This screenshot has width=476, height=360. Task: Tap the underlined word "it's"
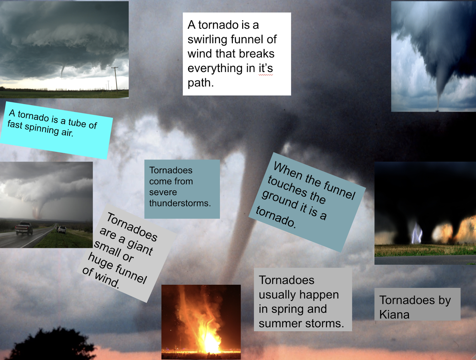coord(266,68)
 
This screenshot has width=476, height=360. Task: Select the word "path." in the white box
coord(201,83)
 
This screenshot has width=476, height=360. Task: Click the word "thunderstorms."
coord(180,203)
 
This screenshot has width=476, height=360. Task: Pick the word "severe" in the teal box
coord(163,192)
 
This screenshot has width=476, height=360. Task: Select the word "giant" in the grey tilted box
coord(140,247)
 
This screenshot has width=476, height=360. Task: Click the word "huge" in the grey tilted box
coord(100,260)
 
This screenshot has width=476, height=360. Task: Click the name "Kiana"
coord(394,314)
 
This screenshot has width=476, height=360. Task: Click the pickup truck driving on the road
coord(24,228)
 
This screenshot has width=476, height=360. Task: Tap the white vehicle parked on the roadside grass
coord(62,230)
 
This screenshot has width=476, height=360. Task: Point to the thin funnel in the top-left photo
coord(63,71)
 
